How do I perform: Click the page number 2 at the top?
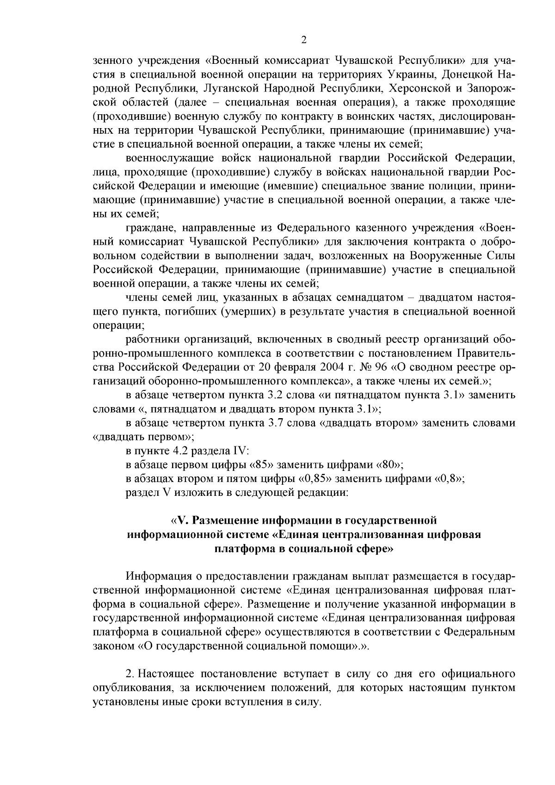point(304,40)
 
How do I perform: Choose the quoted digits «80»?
point(391,465)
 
